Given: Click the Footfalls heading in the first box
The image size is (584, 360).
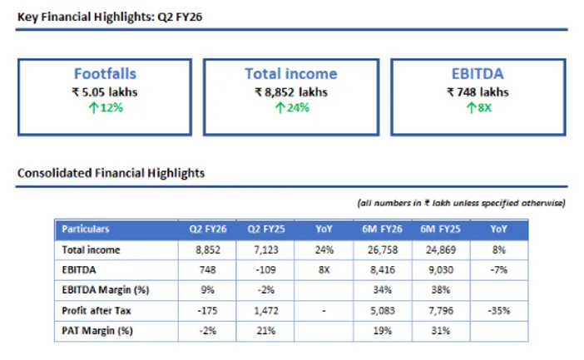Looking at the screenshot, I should click(104, 74).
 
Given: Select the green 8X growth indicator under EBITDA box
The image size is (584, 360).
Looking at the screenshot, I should click(478, 107).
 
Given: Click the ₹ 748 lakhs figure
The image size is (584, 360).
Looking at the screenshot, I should click(478, 91).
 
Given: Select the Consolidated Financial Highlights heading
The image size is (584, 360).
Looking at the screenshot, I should click(111, 173).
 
